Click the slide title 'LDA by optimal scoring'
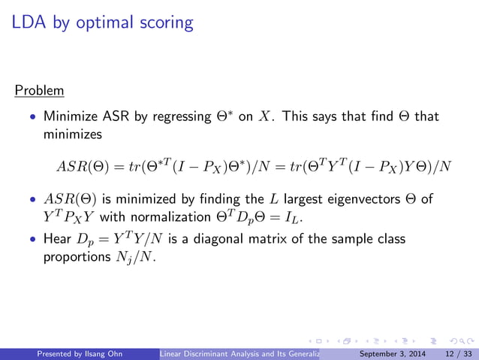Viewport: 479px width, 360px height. [x=103, y=23]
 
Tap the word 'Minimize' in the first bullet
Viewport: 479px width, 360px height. [x=71, y=117]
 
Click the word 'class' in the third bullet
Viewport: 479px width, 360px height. [x=390, y=239]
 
